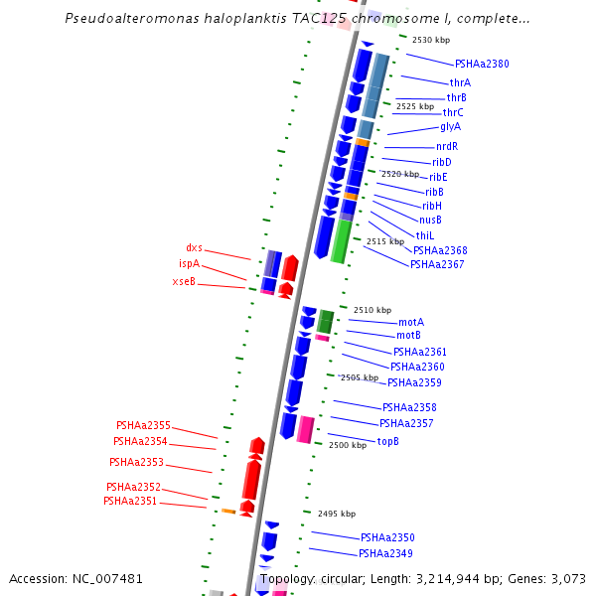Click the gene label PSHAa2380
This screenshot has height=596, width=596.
pyautogui.click(x=482, y=64)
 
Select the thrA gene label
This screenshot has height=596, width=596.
pyautogui.click(x=460, y=82)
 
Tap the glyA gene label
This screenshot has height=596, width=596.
pyautogui.click(x=450, y=127)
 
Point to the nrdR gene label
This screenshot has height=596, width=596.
pyautogui.click(x=447, y=147)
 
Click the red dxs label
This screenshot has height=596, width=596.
pyautogui.click(x=194, y=248)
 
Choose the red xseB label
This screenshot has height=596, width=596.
pyautogui.click(x=184, y=282)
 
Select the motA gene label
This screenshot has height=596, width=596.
pyautogui.click(x=411, y=323)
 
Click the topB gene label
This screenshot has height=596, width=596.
pyautogui.click(x=388, y=441)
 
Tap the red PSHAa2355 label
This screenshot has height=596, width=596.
pyautogui.click(x=143, y=425)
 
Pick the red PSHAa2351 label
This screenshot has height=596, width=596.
pyautogui.click(x=130, y=502)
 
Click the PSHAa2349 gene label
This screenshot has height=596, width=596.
pyautogui.click(x=385, y=553)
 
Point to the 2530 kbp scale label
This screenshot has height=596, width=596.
pyautogui.click(x=431, y=40)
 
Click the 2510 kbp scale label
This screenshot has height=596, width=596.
pyautogui.click(x=372, y=310)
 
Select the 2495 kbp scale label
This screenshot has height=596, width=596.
pyautogui.click(x=336, y=514)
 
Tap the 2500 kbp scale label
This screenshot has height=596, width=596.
pyautogui.click(x=348, y=446)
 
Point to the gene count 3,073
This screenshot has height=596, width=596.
pyautogui.click(x=565, y=578)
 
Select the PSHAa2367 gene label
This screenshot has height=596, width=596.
pyautogui.click(x=437, y=264)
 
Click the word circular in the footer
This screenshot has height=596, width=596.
pyautogui.click(x=349, y=578)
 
